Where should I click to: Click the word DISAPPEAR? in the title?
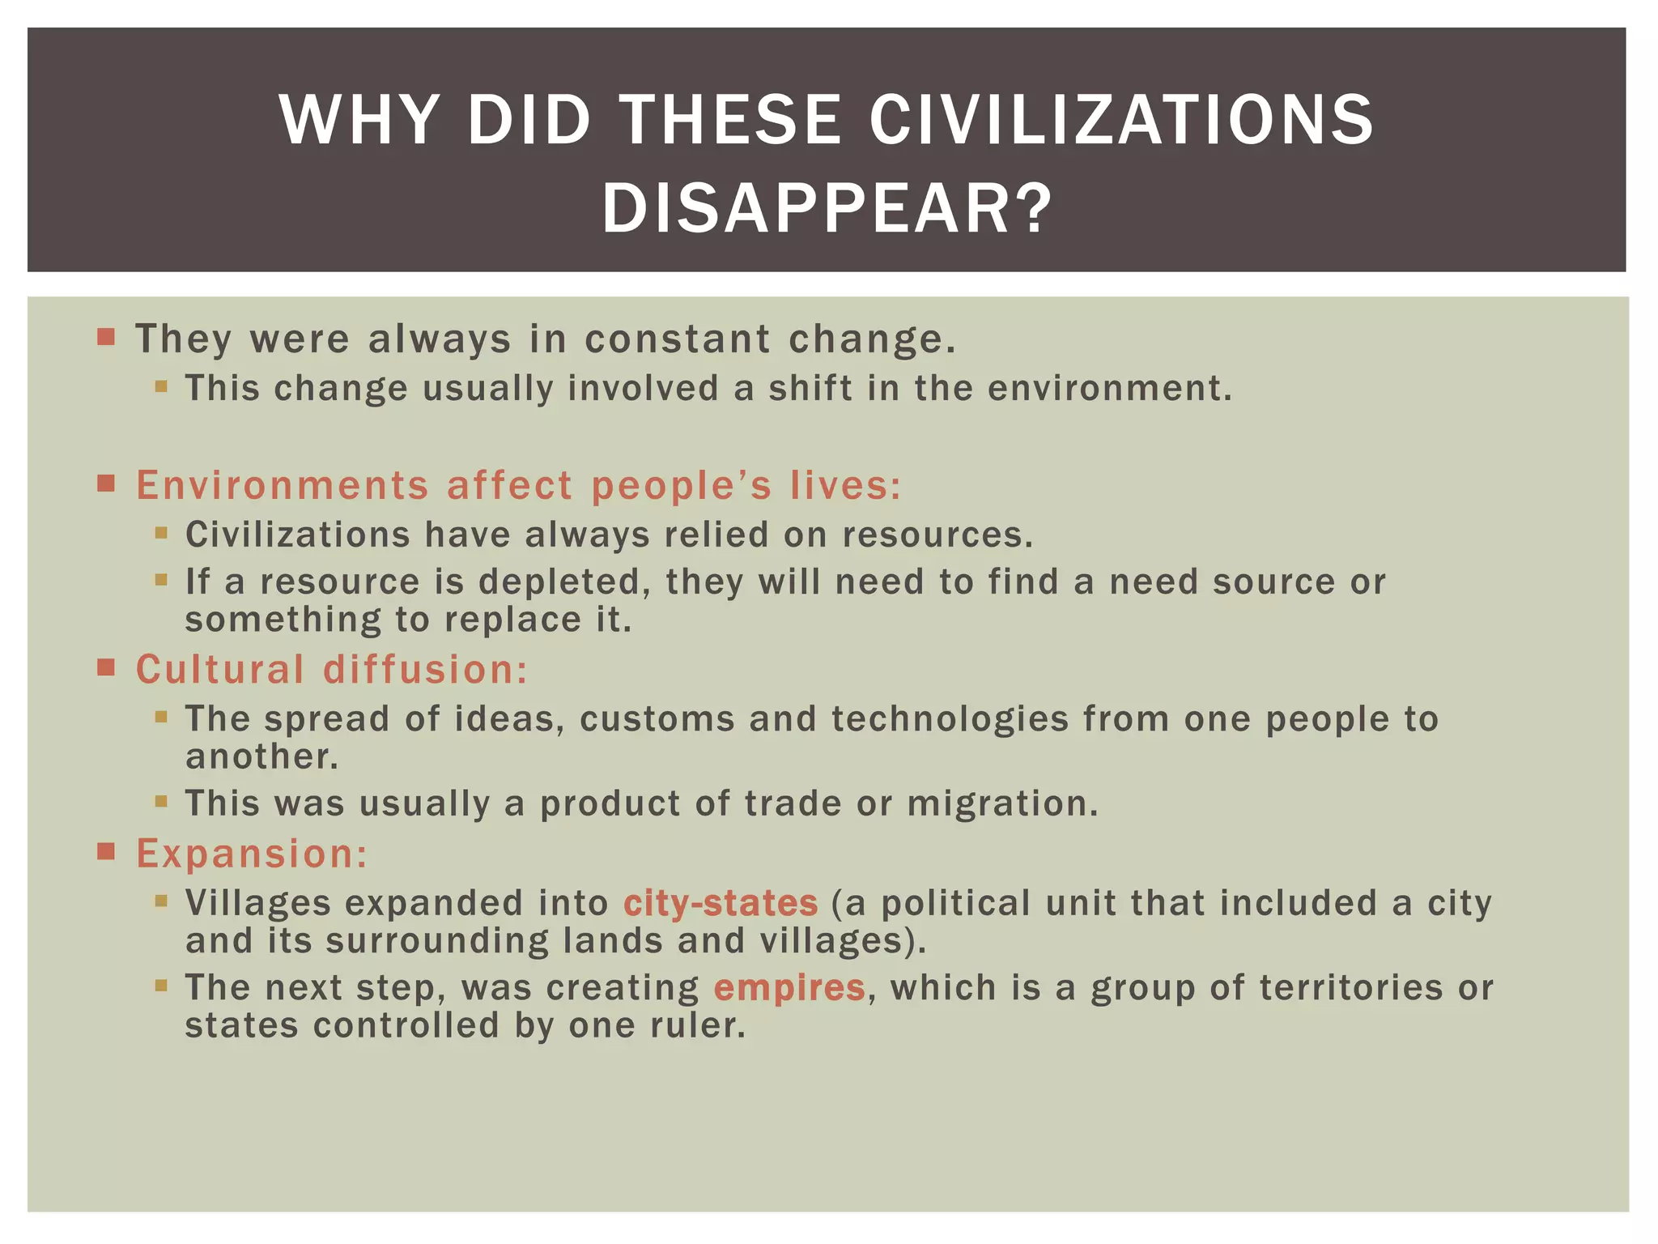tap(827, 209)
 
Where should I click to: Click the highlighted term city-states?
tap(721, 903)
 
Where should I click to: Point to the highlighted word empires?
tap(789, 987)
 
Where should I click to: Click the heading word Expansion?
tap(252, 853)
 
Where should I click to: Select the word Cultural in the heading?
tap(220, 669)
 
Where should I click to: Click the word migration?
tap(1002, 803)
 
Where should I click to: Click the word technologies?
tap(950, 718)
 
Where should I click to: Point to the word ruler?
tap(697, 1025)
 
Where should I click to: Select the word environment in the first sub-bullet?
tap(1109, 388)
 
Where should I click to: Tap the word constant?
tap(678, 339)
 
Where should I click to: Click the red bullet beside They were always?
tap(106, 336)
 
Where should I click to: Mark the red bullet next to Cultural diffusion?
tap(106, 667)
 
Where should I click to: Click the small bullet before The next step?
tap(161, 986)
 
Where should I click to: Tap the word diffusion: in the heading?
tap(426, 669)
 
